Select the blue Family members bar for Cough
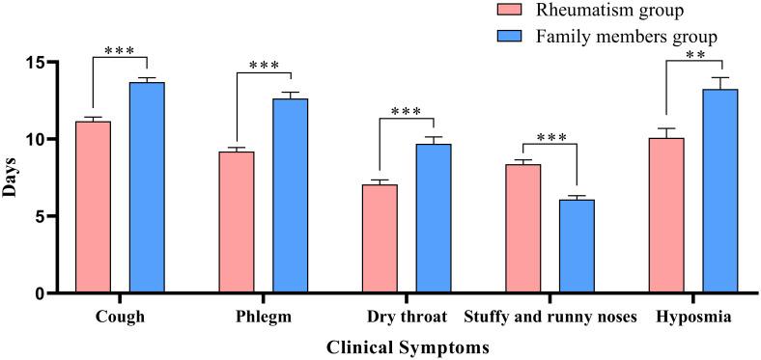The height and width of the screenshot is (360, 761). tap(147, 188)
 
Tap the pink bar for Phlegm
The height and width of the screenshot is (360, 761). tap(237, 223)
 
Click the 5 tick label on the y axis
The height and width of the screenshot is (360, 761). tap(37, 216)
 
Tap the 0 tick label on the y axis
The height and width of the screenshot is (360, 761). tap(37, 293)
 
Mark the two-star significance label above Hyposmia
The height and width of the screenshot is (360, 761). tap(692, 56)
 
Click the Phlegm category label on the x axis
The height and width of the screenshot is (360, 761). tap(262, 318)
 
